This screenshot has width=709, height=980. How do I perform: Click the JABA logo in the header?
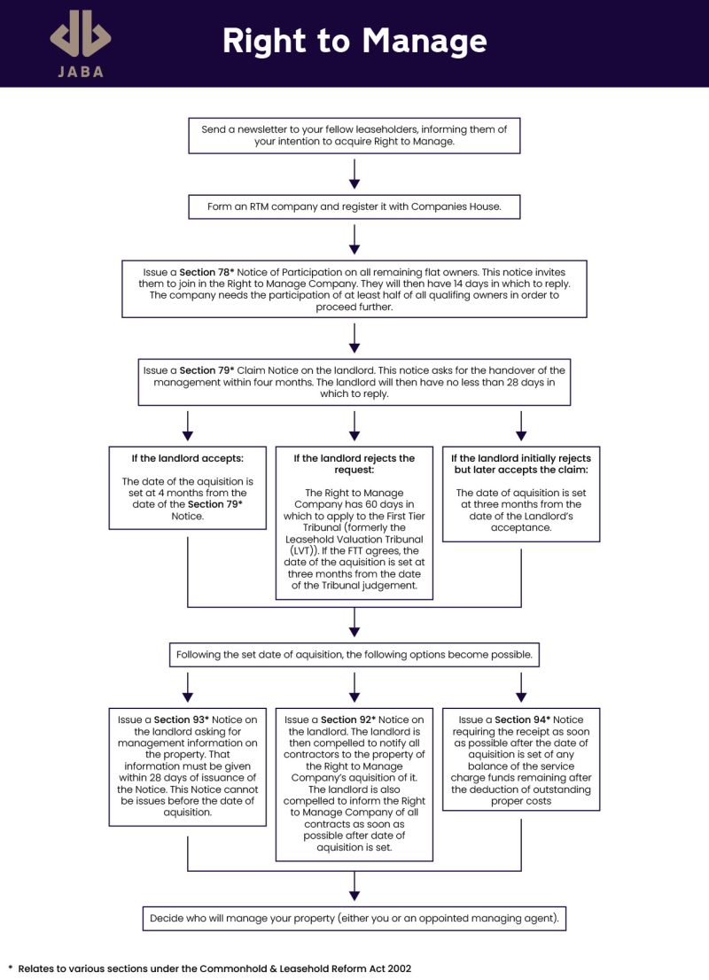point(81,43)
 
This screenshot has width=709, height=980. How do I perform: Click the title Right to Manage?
point(354,41)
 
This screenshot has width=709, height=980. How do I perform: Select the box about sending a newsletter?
point(354,135)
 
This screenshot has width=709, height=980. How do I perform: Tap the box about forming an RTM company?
point(354,206)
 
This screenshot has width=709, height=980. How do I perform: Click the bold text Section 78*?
point(208,272)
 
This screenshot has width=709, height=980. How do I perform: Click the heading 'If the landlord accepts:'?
point(187,458)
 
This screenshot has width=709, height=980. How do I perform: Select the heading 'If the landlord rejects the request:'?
point(354,464)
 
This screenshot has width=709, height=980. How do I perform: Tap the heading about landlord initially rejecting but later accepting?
point(521,464)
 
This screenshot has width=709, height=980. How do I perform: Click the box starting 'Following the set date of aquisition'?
point(354,655)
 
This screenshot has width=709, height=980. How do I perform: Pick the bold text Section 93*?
point(183,719)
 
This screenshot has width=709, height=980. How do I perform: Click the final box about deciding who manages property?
point(354,918)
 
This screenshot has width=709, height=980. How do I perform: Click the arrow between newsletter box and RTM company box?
point(354,174)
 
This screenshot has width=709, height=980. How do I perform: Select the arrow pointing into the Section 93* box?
point(187,688)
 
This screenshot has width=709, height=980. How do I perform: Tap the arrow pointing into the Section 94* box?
point(521,688)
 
